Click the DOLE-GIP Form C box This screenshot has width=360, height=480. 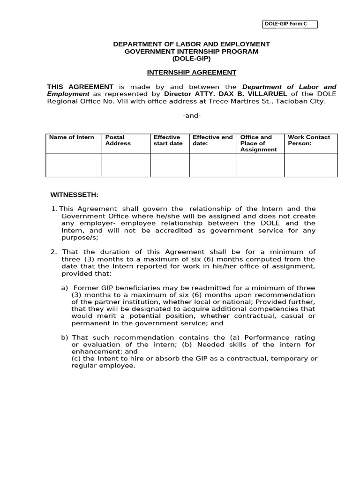(289, 24)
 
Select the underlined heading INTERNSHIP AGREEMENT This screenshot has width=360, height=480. (191, 72)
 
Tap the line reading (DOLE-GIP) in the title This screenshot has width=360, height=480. (191, 59)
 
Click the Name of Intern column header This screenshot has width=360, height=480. (72, 137)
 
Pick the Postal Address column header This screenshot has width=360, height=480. (118, 140)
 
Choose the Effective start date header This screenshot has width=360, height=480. (168, 140)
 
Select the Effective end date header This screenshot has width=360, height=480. (212, 140)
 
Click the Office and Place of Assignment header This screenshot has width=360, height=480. (258, 143)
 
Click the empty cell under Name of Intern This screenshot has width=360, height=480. (74, 165)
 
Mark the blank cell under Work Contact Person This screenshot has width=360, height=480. (311, 165)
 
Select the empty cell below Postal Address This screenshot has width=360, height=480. (126, 165)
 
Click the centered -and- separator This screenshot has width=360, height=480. (191, 115)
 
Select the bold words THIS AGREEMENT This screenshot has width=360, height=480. (80, 87)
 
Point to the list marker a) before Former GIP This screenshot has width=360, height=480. (65, 287)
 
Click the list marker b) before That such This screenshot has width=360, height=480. (65, 337)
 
